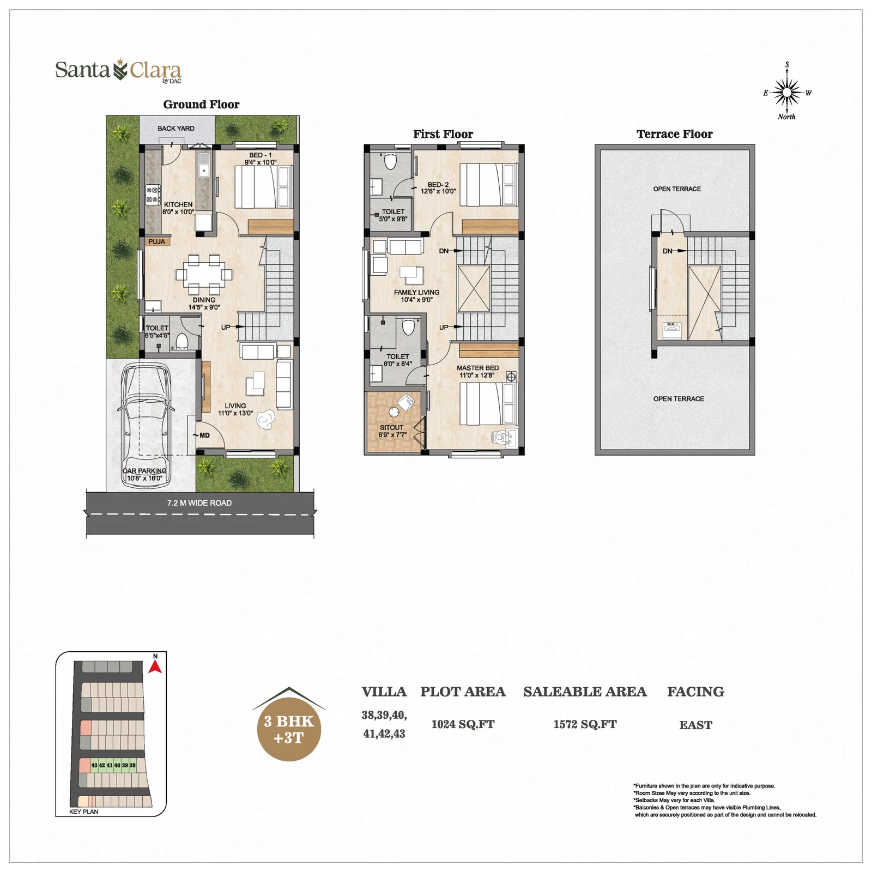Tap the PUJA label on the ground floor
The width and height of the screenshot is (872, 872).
click(156, 241)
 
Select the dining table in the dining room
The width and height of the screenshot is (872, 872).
click(204, 274)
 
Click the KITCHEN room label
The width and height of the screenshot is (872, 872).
click(178, 205)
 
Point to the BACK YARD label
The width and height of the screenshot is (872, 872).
click(176, 129)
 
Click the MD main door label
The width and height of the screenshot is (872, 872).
click(204, 435)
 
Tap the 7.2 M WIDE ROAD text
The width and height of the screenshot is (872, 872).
click(199, 503)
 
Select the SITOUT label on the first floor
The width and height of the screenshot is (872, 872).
click(392, 428)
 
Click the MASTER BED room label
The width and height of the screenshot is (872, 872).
click(478, 368)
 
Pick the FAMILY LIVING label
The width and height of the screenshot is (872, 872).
click(417, 293)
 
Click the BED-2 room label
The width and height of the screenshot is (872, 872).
click(438, 185)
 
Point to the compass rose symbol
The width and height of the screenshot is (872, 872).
click(787, 93)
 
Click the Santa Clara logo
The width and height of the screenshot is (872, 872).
click(118, 71)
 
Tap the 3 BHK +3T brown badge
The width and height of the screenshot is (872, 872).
click(289, 729)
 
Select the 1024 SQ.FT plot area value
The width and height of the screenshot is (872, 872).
click(463, 724)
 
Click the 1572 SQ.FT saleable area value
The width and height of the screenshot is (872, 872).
click(585, 724)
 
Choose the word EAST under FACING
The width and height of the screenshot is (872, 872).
click(696, 725)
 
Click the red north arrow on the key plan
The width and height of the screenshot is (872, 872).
click(155, 667)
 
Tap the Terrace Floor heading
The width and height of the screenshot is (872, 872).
click(675, 134)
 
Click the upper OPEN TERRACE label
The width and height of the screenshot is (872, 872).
click(677, 189)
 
